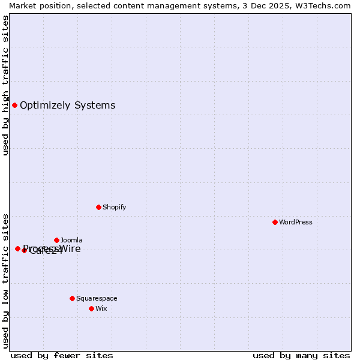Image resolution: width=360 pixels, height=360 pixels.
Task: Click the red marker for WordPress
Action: click(x=275, y=222)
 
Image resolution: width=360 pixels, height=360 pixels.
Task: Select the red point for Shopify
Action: click(x=98, y=207)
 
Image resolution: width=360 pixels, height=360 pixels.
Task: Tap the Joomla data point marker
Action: click(x=56, y=240)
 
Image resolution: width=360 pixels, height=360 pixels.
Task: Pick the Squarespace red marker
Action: click(x=72, y=298)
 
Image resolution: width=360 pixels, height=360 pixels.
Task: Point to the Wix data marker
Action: click(x=91, y=308)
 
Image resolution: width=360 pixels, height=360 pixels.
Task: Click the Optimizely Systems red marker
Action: click(x=14, y=105)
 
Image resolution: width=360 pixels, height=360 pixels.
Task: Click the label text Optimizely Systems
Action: click(x=67, y=106)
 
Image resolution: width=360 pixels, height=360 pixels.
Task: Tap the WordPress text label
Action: click(x=296, y=222)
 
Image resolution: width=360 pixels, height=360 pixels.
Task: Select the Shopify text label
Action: click(x=114, y=207)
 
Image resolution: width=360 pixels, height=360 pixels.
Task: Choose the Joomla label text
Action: click(x=71, y=240)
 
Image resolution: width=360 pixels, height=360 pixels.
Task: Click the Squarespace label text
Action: click(x=97, y=298)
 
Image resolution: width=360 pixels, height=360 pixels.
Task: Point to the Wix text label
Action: click(x=101, y=308)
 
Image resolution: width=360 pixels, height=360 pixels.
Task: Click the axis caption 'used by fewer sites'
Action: click(x=62, y=355)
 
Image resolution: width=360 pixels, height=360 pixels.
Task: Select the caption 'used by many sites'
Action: click(x=301, y=355)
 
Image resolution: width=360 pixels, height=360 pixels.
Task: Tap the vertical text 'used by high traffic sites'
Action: click(x=5, y=85)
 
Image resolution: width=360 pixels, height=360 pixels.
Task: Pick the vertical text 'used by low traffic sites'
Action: click(x=5, y=280)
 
